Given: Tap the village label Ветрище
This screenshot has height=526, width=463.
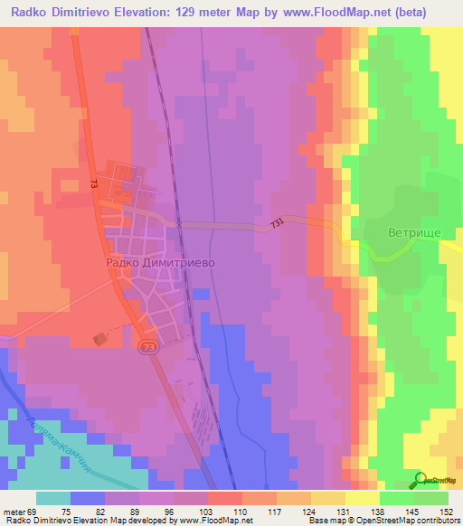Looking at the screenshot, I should coord(414,232).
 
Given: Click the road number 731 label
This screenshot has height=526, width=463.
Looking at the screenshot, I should coord(277,221).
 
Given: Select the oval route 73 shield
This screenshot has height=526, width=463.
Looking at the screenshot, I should coord(147,346).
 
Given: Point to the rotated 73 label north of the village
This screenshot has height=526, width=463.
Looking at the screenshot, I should coord(94,184).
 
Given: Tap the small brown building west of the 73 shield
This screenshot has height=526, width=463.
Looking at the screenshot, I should coord(99,338).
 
